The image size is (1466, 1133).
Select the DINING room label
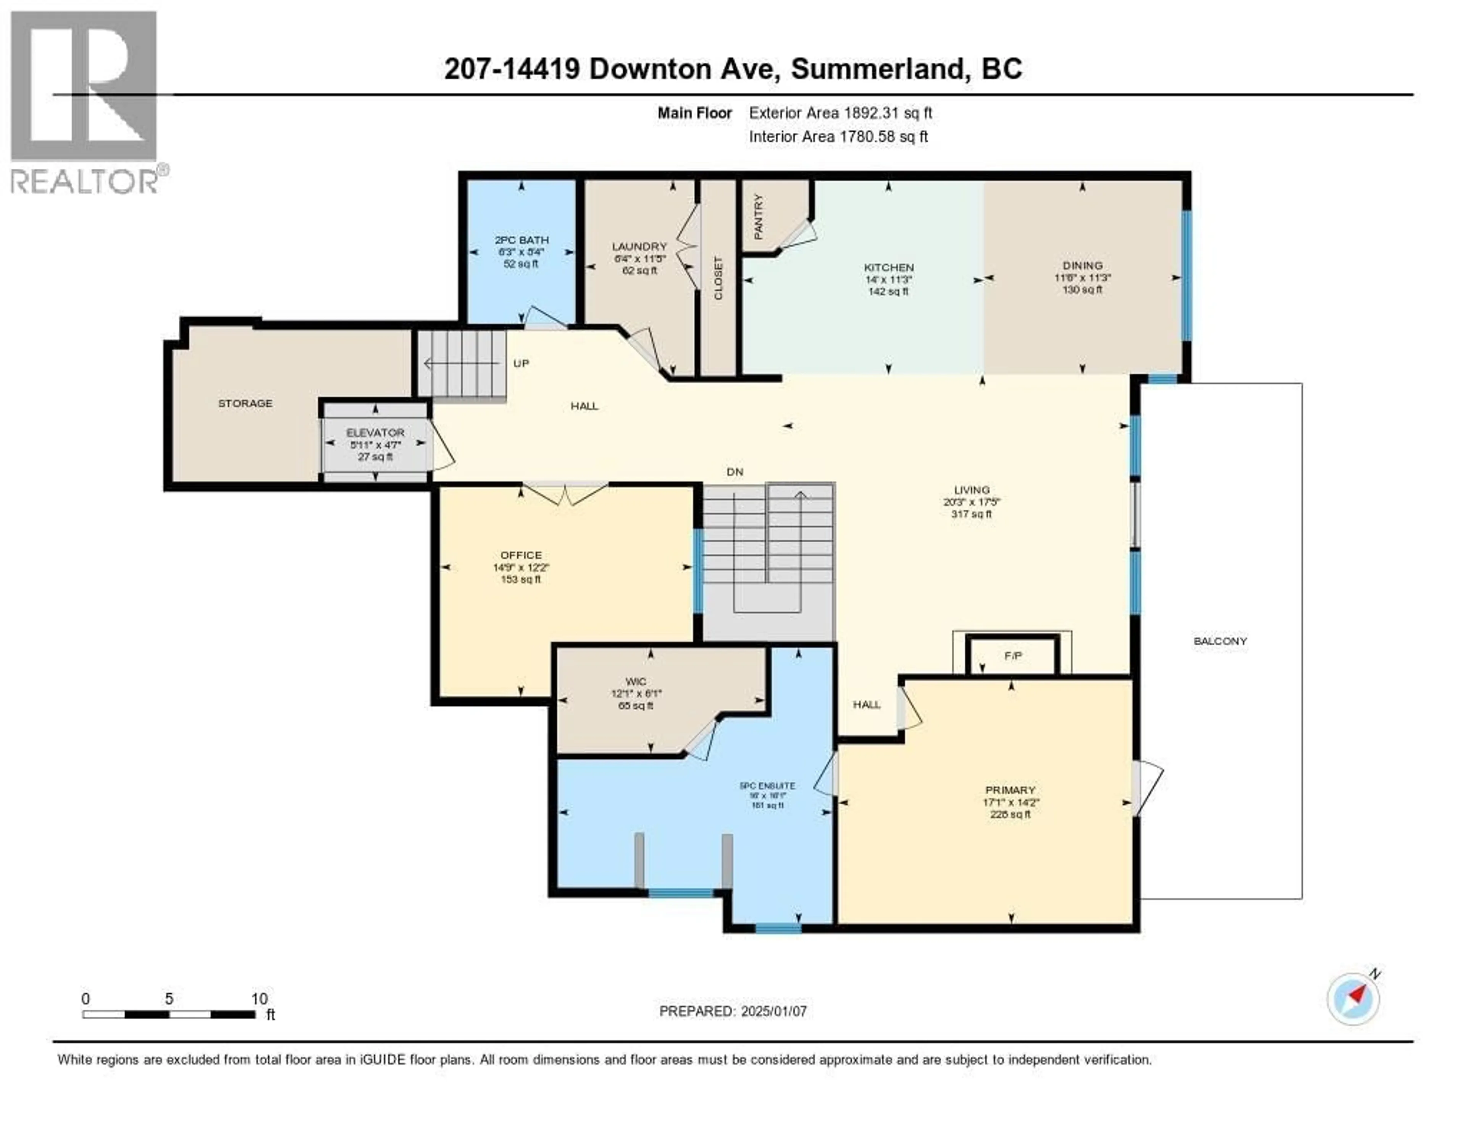[1082, 265]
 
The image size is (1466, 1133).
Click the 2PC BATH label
[521, 240]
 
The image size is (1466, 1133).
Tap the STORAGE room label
[245, 403]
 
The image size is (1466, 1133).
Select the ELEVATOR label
[375, 432]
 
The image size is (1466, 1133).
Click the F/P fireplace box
[1013, 656]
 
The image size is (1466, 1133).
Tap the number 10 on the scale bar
[259, 999]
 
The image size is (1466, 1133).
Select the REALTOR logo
[85, 101]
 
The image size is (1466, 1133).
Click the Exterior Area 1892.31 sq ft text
[840, 113]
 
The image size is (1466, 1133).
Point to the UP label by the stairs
[521, 363]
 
